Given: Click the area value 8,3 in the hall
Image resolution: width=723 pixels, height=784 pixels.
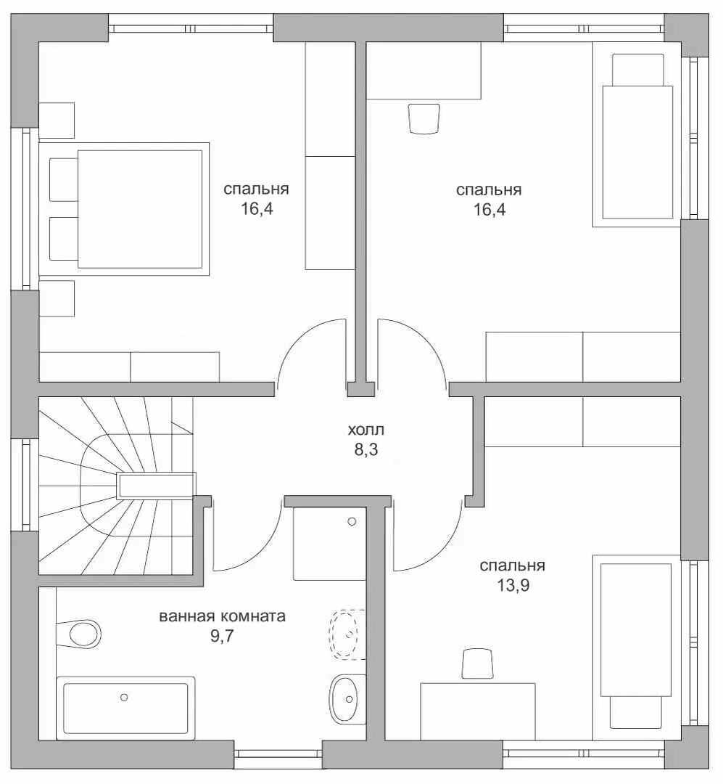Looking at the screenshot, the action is click(x=366, y=450).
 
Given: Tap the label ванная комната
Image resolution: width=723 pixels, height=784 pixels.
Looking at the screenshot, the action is click(x=223, y=616).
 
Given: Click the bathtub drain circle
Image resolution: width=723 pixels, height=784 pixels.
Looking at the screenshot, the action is click(x=124, y=697).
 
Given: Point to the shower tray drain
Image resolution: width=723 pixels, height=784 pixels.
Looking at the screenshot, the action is click(x=352, y=521).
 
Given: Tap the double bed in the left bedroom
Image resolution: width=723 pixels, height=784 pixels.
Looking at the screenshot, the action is click(x=124, y=209).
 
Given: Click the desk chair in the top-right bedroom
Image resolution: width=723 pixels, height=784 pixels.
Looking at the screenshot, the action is click(x=424, y=118).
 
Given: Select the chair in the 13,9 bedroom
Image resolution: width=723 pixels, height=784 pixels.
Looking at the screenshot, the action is click(x=478, y=663).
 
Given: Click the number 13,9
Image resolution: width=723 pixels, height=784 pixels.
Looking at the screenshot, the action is click(x=513, y=585).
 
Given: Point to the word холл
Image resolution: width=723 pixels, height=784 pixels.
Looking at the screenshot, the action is click(x=366, y=430).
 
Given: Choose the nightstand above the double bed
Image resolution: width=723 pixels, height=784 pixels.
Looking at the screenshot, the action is click(x=57, y=121).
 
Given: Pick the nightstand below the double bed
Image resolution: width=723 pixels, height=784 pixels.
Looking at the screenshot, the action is click(x=57, y=298).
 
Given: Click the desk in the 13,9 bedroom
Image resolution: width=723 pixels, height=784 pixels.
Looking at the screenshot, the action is click(x=478, y=711).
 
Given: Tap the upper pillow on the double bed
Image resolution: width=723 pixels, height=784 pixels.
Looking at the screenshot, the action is click(x=64, y=179).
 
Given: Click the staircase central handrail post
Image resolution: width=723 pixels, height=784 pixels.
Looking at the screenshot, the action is click(x=156, y=486).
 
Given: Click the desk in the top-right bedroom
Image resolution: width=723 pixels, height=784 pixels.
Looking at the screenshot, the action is click(x=424, y=70).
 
